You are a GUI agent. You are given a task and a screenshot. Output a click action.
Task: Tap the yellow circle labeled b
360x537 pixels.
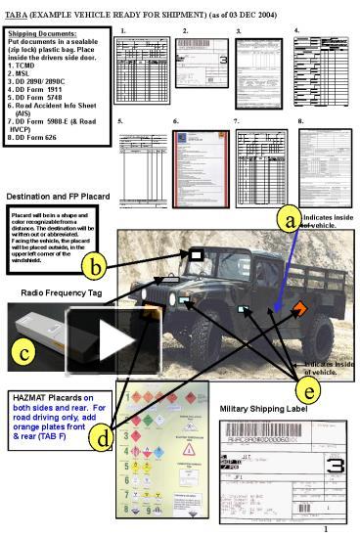(x=95, y=265)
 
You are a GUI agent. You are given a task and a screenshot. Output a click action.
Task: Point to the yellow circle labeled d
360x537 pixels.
(x=105, y=439)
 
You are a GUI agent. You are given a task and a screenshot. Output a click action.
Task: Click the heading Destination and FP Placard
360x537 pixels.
(x=57, y=196)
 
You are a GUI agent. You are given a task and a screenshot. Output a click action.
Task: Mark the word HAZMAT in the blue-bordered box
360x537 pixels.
(x=33, y=398)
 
